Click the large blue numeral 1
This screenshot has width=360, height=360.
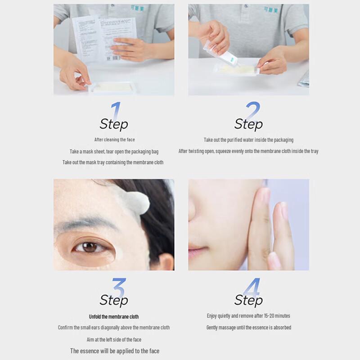click(116, 111)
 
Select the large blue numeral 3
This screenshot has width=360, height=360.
click(118, 288)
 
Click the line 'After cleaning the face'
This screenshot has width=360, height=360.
click(114, 139)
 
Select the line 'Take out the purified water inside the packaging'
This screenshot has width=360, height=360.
click(248, 140)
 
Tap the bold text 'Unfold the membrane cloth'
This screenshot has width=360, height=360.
click(114, 317)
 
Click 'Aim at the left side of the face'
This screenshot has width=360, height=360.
click(114, 340)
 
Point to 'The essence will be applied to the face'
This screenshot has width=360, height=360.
click(114, 351)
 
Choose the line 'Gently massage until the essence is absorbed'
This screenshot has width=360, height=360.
click(248, 328)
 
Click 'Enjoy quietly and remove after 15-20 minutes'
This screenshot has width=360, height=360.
click(248, 316)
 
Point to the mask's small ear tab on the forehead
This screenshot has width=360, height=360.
click(137, 203)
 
